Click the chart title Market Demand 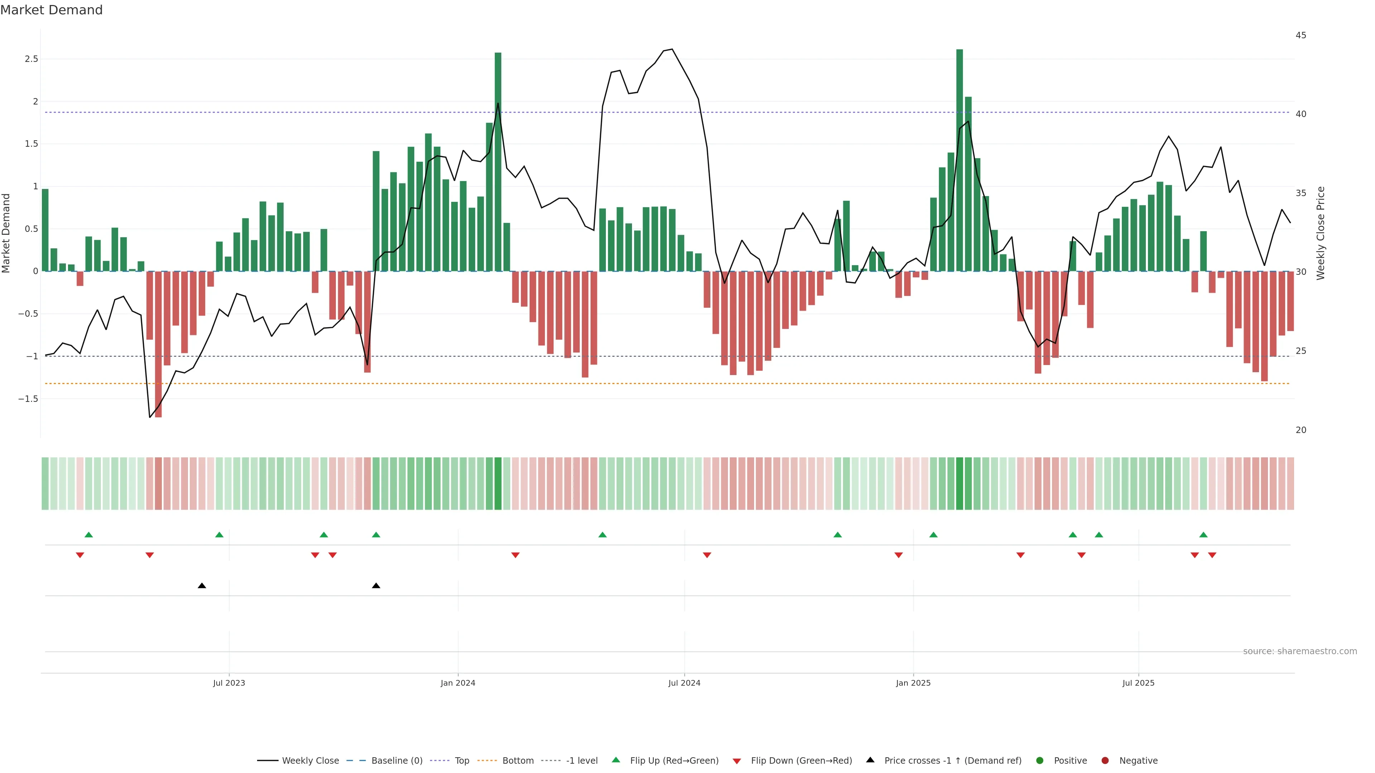pyautogui.click(x=51, y=10)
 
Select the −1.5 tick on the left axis pyautogui.click(x=28, y=399)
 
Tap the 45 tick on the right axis pyautogui.click(x=1301, y=35)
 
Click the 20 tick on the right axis pyautogui.click(x=1301, y=430)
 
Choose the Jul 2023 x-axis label pyautogui.click(x=229, y=683)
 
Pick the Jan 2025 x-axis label pyautogui.click(x=913, y=683)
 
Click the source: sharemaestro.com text pyautogui.click(x=1300, y=651)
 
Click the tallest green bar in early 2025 pyautogui.click(x=959, y=160)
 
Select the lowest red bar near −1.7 pyautogui.click(x=159, y=347)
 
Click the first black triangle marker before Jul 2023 pyautogui.click(x=202, y=586)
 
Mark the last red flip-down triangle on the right pyautogui.click(x=1212, y=555)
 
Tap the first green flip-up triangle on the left pyautogui.click(x=88, y=535)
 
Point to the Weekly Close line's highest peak pyautogui.click(x=672, y=50)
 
